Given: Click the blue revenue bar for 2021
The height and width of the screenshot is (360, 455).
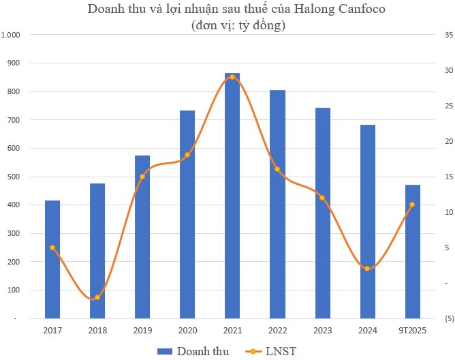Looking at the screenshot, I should point(232,198).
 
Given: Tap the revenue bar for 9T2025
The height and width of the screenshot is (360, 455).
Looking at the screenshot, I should point(413,252).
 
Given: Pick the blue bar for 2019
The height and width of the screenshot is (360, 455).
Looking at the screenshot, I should point(142,239).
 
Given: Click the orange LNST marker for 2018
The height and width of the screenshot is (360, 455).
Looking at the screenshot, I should point(97,297).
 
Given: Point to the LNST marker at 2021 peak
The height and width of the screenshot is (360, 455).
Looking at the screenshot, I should point(232,77).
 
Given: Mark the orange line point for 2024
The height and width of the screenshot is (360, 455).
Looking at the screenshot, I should point(367,269).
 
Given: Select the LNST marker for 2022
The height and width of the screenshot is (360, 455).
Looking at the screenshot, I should point(277,169).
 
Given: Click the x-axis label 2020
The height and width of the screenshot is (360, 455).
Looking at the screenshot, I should point(187,331).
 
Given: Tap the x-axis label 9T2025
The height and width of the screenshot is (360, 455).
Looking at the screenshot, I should point(413,331).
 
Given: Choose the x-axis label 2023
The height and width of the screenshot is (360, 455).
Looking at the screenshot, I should point(322,331).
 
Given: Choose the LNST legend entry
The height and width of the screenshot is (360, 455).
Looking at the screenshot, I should point(281,351).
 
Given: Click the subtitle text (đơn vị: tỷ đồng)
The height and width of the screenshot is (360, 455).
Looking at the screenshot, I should point(229,26).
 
